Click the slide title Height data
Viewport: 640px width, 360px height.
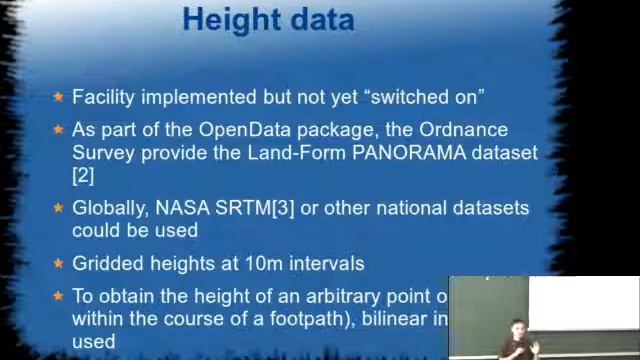pos(268,19)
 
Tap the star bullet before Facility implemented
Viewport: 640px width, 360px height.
pos(59,97)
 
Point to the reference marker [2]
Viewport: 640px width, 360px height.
pos(83,175)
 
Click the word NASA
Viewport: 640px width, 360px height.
pos(182,208)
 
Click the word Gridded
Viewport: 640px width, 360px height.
pos(105,263)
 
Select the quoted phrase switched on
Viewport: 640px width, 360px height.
pos(425,97)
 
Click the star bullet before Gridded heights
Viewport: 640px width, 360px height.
pos(59,263)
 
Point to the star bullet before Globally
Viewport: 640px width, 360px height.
pos(59,208)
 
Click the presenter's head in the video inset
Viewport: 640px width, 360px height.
pos(518,328)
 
